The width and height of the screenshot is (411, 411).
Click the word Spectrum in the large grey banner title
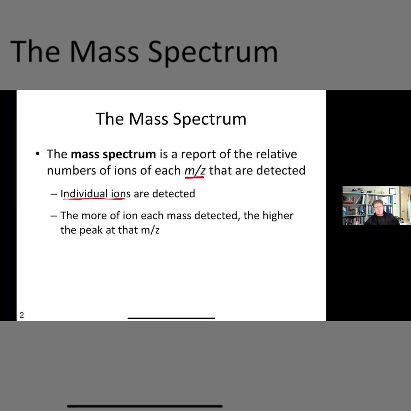(x=213, y=52)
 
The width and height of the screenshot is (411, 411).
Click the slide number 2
(x=22, y=315)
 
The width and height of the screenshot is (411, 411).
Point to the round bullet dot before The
(x=38, y=154)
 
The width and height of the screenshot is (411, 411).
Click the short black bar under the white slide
(x=171, y=318)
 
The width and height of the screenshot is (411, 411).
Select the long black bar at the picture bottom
(x=145, y=406)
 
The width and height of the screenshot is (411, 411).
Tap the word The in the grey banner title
(x=35, y=51)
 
